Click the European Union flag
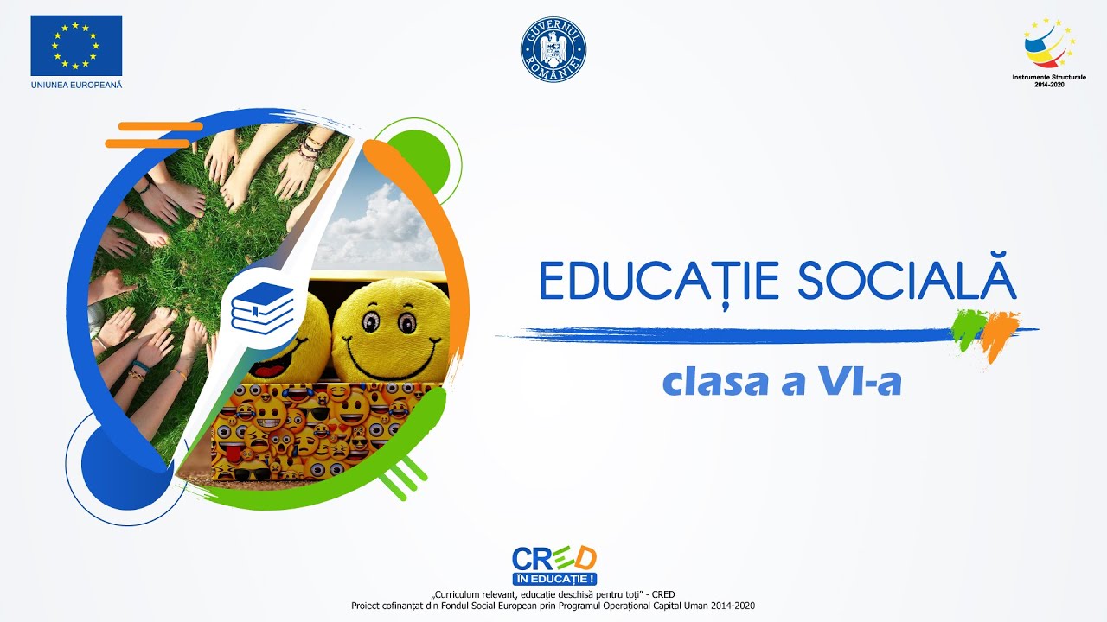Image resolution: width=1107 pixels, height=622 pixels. (76, 45)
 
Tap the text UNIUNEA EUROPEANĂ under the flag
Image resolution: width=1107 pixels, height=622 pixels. (76, 84)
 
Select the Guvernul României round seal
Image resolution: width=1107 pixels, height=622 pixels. (553, 50)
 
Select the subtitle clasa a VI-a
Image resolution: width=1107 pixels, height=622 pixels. (782, 382)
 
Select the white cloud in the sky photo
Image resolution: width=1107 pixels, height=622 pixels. (381, 220)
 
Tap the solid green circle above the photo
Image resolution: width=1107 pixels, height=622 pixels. (424, 155)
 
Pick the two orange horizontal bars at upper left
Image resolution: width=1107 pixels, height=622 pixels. (149, 135)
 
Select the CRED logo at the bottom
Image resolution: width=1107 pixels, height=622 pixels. (553, 558)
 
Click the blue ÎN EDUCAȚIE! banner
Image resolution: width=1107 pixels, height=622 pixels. (553, 578)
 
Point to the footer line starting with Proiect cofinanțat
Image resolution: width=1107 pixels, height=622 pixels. (553, 606)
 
